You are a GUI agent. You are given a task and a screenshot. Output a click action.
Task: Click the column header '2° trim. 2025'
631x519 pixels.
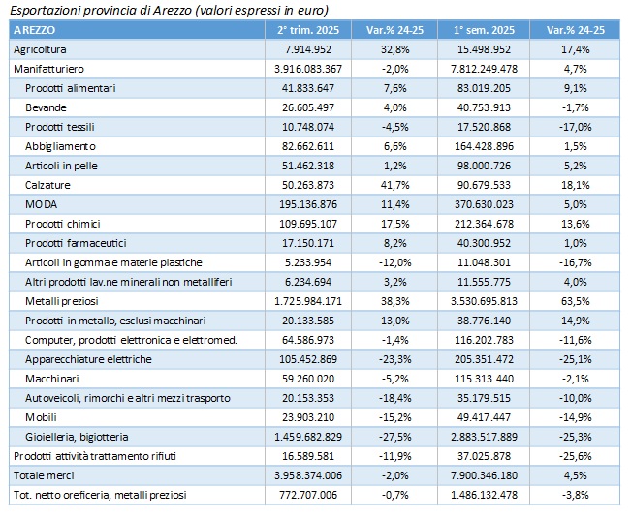[308, 30]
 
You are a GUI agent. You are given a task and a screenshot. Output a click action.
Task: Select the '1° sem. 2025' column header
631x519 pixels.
[484, 30]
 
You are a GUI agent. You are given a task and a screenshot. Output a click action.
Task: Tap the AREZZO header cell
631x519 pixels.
[34, 30]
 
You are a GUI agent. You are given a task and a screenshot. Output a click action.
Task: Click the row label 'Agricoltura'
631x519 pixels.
[40, 49]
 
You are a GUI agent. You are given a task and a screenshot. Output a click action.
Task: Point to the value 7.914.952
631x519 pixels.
[308, 49]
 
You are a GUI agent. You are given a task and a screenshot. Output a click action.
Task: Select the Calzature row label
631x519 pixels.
[47, 185]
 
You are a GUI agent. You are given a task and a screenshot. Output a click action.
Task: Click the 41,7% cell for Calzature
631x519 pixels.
[394, 185]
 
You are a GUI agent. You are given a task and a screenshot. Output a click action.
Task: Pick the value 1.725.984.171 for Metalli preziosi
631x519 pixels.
[308, 301]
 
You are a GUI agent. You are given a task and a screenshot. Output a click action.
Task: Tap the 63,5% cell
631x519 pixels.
[575, 301]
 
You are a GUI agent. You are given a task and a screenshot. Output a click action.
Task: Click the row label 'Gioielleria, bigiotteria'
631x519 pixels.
[77, 437]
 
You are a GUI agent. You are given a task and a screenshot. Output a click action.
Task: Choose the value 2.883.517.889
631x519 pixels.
[484, 437]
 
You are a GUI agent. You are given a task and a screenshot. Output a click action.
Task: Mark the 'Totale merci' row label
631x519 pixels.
[44, 475]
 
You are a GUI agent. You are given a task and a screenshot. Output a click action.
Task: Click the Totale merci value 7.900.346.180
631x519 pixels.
[484, 475]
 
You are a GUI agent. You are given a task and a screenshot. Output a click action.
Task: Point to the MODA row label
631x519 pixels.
[41, 204]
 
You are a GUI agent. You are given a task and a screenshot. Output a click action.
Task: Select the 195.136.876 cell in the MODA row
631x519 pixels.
[308, 204]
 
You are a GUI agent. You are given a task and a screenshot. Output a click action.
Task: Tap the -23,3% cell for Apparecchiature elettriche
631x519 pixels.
[394, 359]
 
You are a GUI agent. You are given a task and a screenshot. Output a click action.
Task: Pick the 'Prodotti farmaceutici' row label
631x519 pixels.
[76, 243]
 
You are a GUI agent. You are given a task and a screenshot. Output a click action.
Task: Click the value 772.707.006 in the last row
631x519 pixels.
[308, 495]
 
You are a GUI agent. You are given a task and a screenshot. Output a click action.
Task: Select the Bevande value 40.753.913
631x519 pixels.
[484, 107]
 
